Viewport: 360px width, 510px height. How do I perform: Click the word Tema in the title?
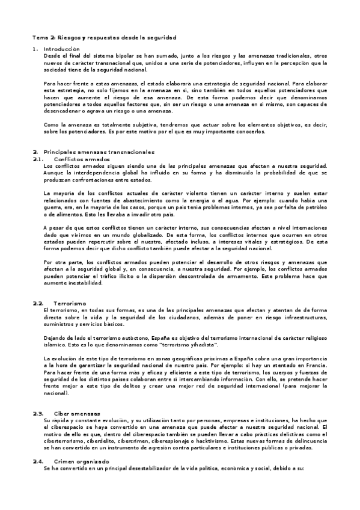coord(38,37)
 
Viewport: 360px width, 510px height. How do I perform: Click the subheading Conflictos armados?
coord(76,159)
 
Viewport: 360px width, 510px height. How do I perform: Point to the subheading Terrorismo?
coord(70,304)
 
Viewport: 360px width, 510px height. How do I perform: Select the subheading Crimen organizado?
coord(82,461)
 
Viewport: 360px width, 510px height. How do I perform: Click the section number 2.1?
coord(38,159)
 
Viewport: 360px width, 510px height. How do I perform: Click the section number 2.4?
coord(38,461)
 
